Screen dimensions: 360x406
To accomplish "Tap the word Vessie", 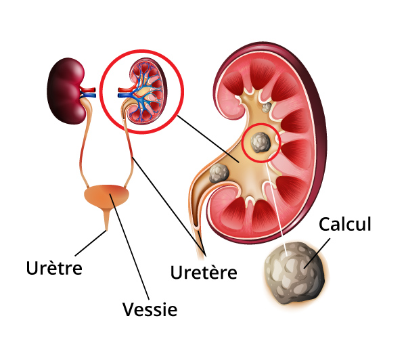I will (x=150, y=309).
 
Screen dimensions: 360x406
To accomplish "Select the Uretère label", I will (x=203, y=273).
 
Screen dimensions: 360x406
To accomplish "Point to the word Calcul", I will (x=345, y=224).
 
